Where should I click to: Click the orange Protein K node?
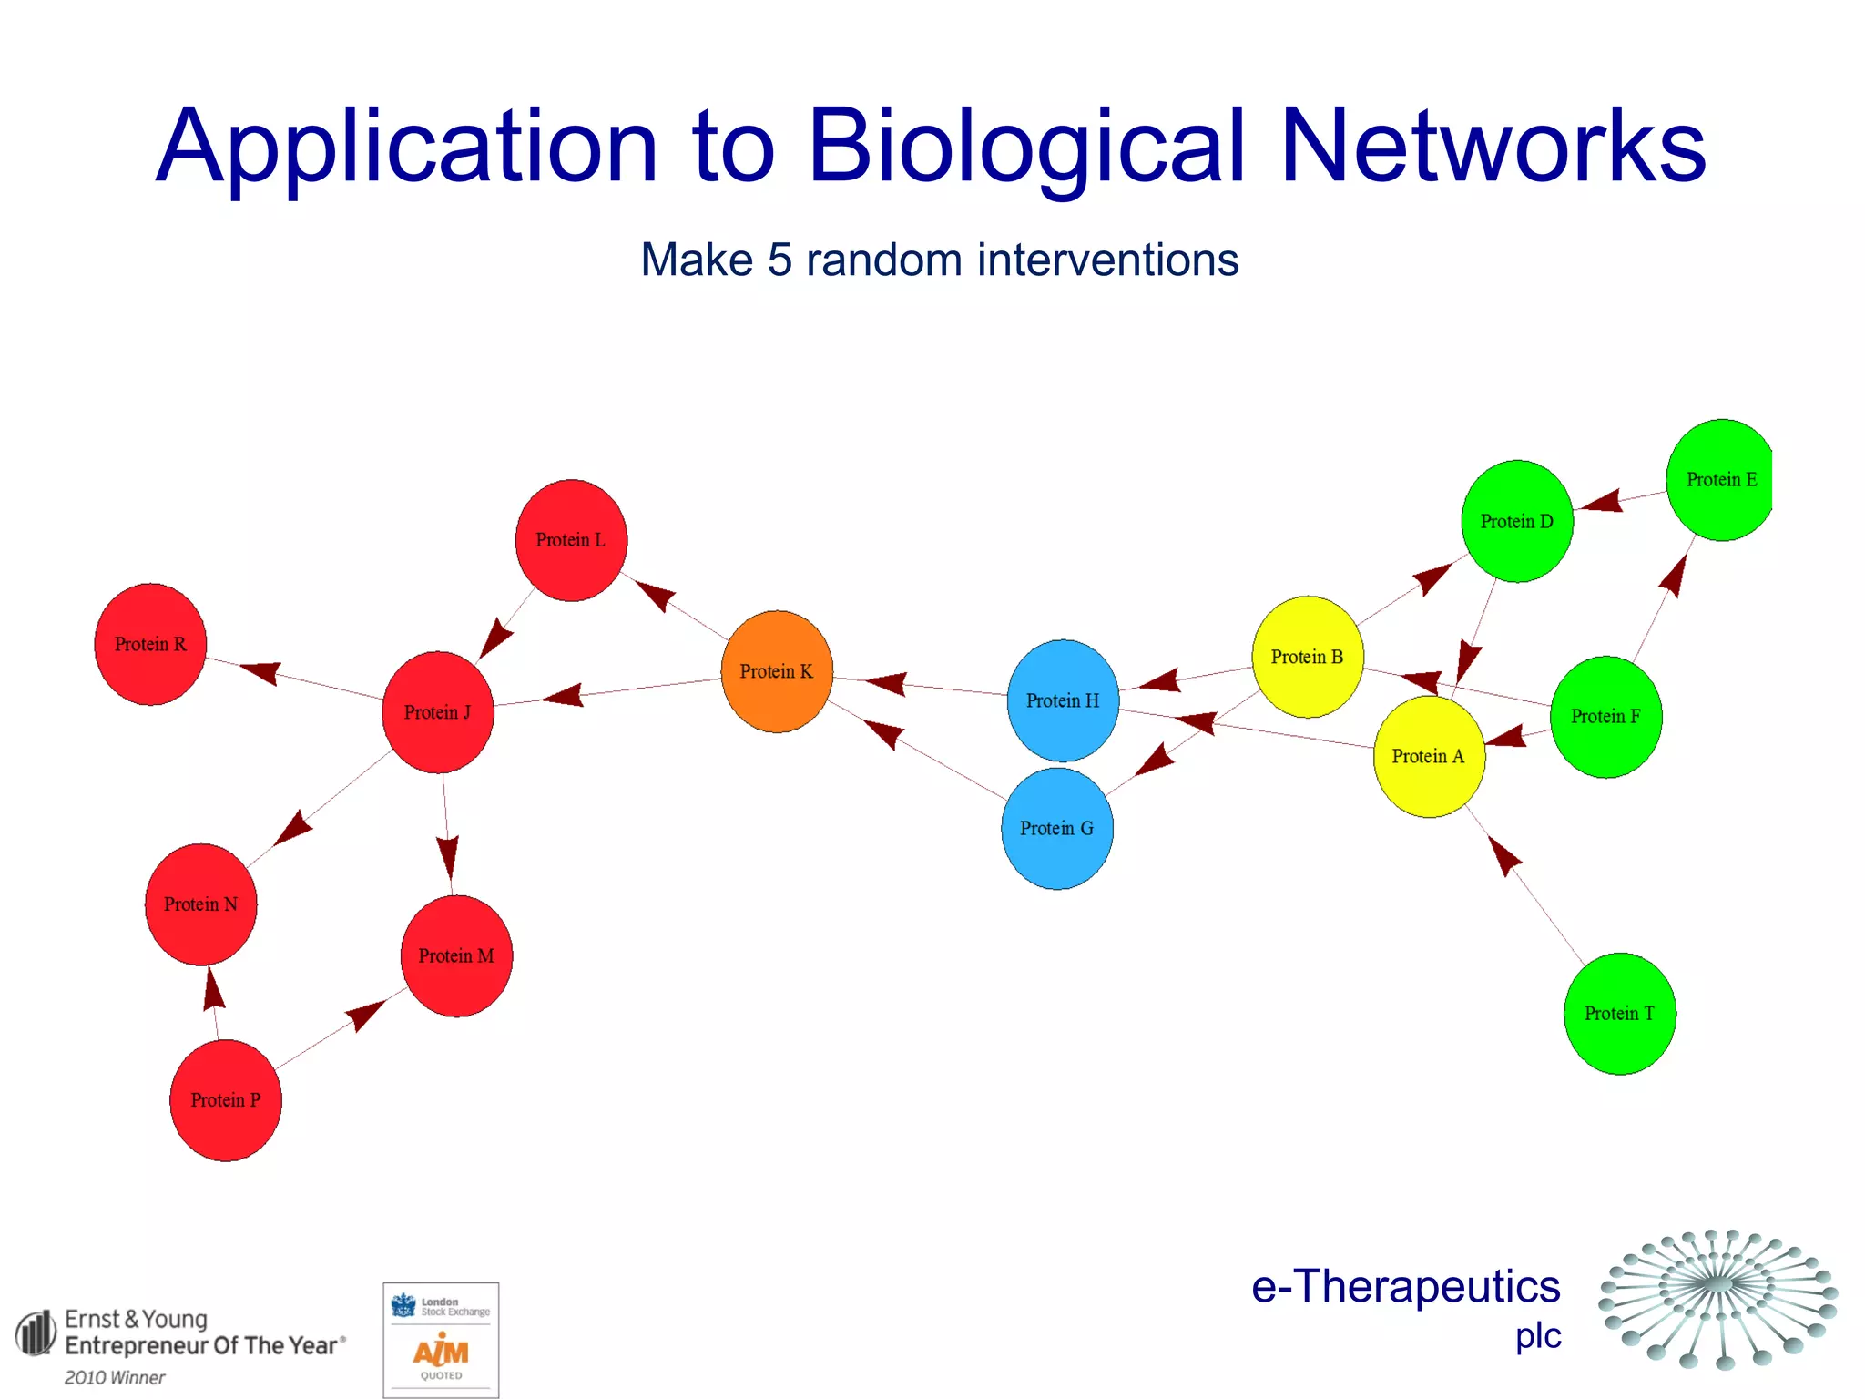click(777, 671)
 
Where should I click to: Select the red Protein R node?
click(150, 644)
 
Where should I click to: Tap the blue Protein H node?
click(1063, 700)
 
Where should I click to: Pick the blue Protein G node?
click(1056, 828)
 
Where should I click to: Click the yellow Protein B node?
click(1307, 657)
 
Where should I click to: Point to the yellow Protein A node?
click(1428, 756)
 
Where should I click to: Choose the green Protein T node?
click(1619, 1013)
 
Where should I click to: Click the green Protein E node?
click(1720, 479)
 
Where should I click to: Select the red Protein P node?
click(225, 1099)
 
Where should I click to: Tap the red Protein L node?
click(571, 540)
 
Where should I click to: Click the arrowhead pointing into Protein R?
click(260, 672)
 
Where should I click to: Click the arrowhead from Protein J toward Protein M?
click(447, 856)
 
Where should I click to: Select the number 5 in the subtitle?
click(780, 260)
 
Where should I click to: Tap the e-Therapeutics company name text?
click(1405, 1286)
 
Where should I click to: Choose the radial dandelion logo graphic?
click(1718, 1298)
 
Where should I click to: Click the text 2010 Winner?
click(115, 1377)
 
